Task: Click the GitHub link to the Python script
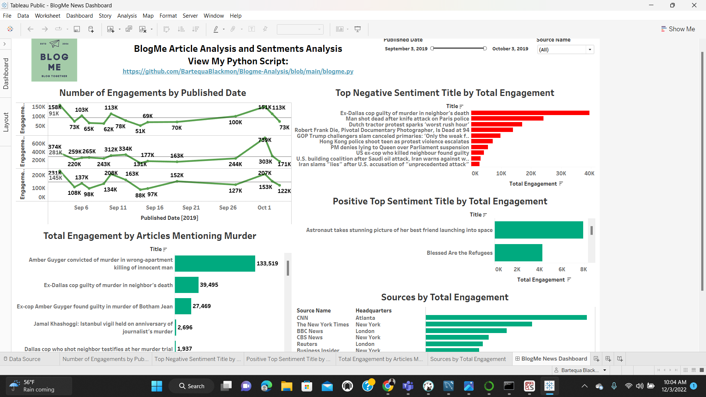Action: point(238,71)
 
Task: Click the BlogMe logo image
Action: point(54,60)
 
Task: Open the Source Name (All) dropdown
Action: point(590,50)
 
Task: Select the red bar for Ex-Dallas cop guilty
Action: point(530,113)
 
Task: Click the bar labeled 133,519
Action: point(215,264)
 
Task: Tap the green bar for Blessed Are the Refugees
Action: point(518,253)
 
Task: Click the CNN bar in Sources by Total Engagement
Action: point(506,318)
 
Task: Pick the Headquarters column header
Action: point(373,311)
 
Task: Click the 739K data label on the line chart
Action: point(265,140)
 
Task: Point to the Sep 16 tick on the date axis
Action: point(154,208)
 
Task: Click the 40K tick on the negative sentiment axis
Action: point(589,174)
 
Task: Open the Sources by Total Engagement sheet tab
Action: point(468,359)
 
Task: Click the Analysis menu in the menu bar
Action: point(127,16)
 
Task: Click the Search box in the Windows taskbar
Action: point(192,386)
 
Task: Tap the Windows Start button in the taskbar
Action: point(157,386)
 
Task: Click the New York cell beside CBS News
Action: point(368,337)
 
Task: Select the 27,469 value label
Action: point(202,306)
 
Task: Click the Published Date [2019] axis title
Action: point(169,218)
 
